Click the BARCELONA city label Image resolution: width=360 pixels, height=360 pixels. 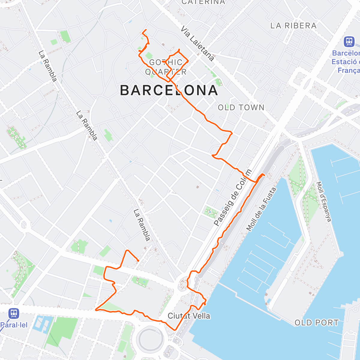(169, 90)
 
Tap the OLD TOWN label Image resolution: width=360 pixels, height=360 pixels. (241, 108)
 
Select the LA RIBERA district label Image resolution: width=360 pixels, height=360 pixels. (293, 26)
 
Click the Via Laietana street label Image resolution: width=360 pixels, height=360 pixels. (197, 43)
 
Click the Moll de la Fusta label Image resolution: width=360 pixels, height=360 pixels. (261, 209)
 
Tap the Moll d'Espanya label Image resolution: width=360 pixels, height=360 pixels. (324, 202)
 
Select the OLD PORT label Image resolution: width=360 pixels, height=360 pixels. (316, 323)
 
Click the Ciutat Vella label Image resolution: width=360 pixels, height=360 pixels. (189, 316)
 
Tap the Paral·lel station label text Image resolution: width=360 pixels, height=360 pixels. (14, 325)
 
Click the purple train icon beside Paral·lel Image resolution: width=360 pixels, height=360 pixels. (14, 313)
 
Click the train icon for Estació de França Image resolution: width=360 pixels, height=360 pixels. (349, 41)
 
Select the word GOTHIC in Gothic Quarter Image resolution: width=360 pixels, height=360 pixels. (166, 62)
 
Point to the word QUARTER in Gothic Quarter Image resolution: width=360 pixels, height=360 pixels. (166, 72)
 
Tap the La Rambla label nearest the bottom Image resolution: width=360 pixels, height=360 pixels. (142, 225)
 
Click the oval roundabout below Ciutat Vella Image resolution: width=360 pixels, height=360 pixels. (151, 338)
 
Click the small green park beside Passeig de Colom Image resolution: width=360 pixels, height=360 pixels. (211, 212)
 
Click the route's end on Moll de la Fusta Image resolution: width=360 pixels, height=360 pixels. (263, 174)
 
